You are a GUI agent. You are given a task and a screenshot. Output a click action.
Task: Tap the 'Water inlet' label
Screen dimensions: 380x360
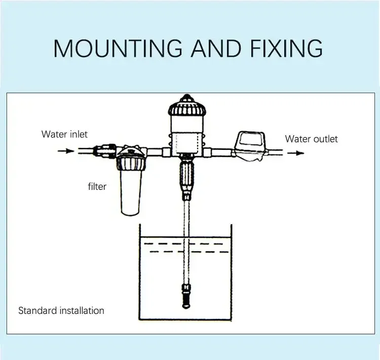pos(64,134)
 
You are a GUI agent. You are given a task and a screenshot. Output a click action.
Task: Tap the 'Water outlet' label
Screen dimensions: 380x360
pos(311,139)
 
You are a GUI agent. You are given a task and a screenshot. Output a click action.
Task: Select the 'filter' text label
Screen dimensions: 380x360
pos(97,186)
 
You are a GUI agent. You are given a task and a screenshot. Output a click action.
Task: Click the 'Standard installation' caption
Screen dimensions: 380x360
pos(61,310)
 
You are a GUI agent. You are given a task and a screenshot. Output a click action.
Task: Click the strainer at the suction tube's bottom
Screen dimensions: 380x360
pos(185,296)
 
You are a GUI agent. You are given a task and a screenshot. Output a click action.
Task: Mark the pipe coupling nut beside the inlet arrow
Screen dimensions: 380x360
pos(107,150)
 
